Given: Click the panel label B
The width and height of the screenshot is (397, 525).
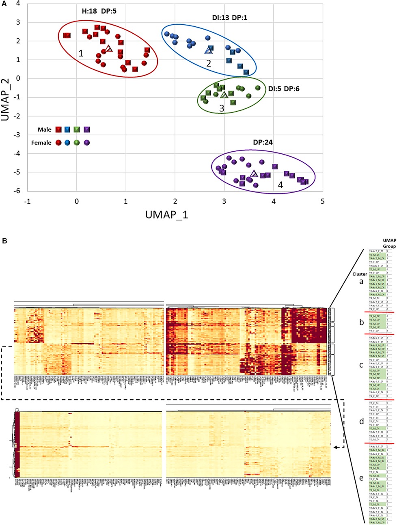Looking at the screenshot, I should click(x=4, y=241).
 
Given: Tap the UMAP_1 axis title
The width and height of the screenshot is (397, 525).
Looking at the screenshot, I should click(x=166, y=215).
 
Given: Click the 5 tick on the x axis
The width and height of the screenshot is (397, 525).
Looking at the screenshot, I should click(x=322, y=201).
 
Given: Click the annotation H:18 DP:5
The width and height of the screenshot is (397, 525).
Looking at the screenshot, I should click(x=99, y=11).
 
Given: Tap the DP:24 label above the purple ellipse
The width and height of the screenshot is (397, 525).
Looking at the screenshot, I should click(x=262, y=142).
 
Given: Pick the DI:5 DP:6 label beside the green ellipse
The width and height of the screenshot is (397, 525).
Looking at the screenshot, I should click(x=284, y=88).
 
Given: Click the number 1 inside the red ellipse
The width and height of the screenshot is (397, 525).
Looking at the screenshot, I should click(x=81, y=53).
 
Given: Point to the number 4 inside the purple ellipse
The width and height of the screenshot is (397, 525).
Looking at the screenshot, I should click(x=280, y=185).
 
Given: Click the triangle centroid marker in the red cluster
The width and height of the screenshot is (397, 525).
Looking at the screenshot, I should click(x=108, y=49).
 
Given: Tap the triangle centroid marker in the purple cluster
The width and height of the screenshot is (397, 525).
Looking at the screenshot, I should click(x=254, y=174).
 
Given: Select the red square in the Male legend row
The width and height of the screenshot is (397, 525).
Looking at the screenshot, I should click(x=58, y=130).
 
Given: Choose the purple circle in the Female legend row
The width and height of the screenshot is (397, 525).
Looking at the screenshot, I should click(x=86, y=143).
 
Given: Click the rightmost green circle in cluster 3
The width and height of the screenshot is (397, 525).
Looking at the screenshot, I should click(x=258, y=88).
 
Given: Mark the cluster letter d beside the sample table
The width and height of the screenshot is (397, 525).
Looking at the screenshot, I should click(x=361, y=422).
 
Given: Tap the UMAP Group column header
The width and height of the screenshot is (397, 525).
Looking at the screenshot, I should click(x=389, y=243).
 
